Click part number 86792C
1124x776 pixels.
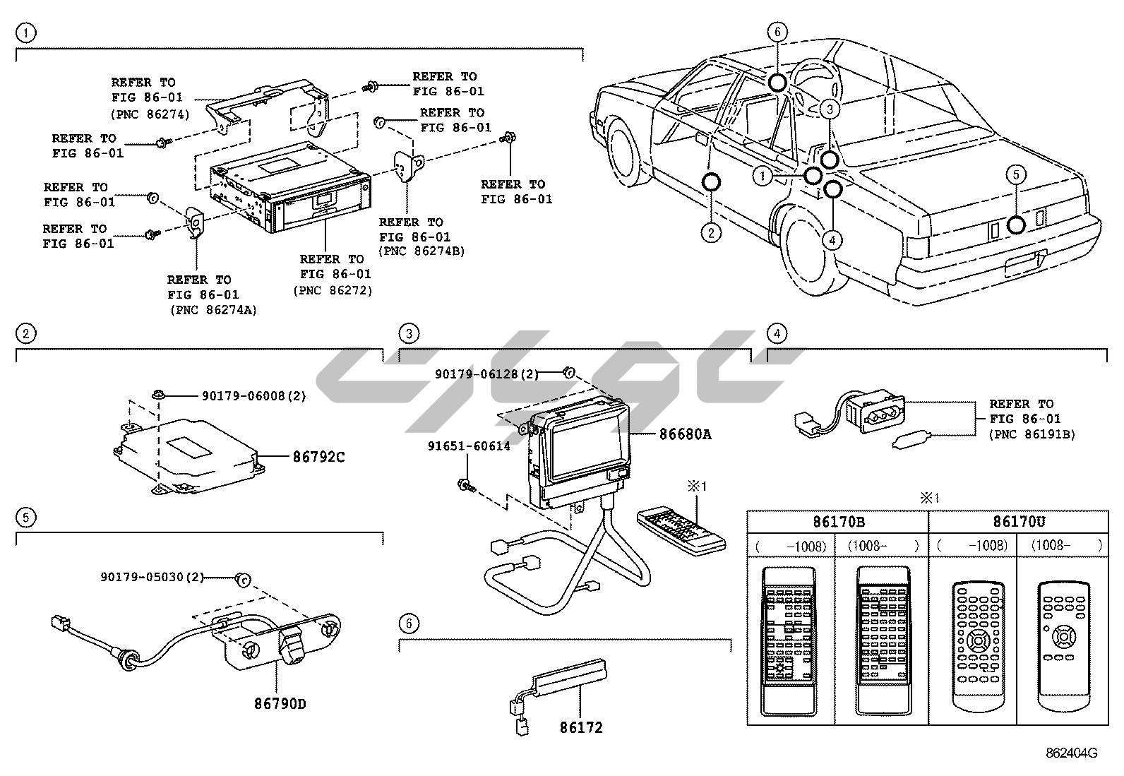click(318, 457)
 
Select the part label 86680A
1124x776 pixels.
click(685, 434)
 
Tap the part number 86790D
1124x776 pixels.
click(280, 703)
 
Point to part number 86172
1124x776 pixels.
click(581, 727)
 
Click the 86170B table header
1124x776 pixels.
click(837, 523)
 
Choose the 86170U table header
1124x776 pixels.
click(1017, 523)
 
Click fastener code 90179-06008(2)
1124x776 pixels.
click(253, 396)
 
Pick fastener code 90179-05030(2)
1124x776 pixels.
click(152, 578)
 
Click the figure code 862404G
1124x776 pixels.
click(1071, 753)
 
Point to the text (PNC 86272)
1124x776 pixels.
click(333, 289)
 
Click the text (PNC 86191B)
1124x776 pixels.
click(1032, 434)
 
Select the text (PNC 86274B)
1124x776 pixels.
click(421, 251)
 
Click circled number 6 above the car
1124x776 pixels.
click(777, 32)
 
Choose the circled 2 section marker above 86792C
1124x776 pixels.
click(25, 333)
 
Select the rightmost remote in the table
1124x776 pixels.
click(1063, 646)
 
